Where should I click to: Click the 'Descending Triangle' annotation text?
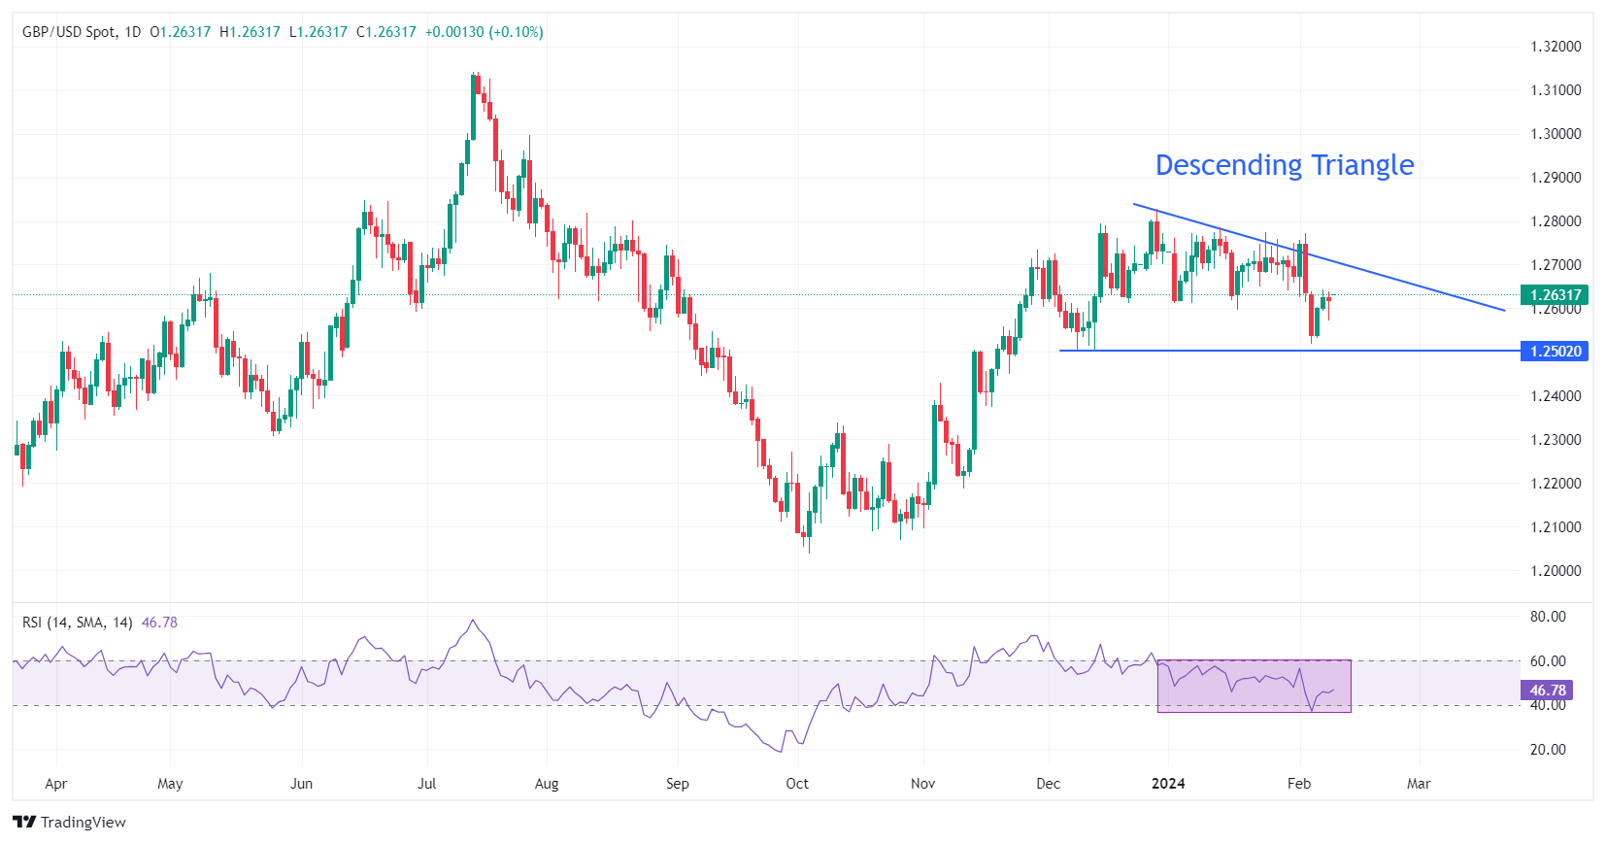tap(1284, 165)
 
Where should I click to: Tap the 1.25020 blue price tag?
tap(1555, 351)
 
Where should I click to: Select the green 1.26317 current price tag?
tap(1555, 294)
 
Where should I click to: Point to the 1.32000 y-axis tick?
tap(1556, 47)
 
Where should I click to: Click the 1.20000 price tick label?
tap(1556, 571)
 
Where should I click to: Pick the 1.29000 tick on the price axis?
tap(1556, 178)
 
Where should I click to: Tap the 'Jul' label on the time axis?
tap(426, 784)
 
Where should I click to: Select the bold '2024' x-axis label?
tap(1168, 784)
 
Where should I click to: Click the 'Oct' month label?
tap(797, 784)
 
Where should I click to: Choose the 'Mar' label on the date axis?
tap(1419, 784)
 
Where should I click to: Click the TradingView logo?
tap(70, 822)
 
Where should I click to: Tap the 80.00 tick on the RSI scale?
tap(1548, 617)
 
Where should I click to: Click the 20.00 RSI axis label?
tap(1548, 750)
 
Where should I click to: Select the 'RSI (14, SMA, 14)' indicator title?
tap(78, 623)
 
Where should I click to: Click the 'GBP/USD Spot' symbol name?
tap(68, 32)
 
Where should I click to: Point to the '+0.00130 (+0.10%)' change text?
tap(484, 32)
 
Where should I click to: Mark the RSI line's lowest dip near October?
tap(780, 751)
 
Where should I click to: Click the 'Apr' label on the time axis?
tap(56, 784)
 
